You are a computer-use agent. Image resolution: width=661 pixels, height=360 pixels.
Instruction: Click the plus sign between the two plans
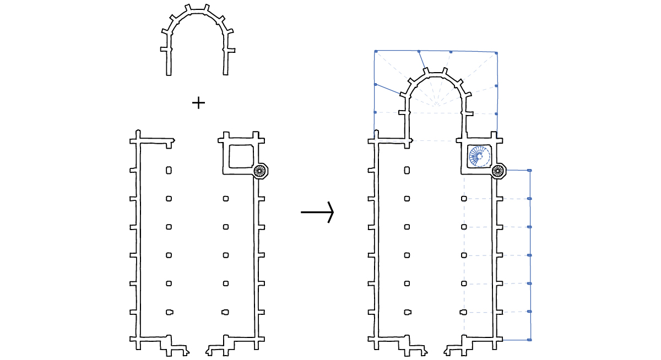coord(198,102)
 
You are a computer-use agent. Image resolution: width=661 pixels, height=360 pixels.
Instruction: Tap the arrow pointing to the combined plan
coord(318,212)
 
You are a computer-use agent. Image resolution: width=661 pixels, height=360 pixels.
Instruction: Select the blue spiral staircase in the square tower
coord(479,156)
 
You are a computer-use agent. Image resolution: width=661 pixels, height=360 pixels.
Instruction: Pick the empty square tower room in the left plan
coord(241,156)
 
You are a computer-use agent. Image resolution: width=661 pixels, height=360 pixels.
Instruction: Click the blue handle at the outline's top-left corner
coord(375,51)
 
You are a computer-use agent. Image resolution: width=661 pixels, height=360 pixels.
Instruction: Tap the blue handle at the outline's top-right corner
coord(496,53)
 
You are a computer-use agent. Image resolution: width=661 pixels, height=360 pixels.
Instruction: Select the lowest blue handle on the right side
coord(529,340)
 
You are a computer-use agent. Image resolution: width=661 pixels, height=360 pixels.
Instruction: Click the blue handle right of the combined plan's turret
coord(529,171)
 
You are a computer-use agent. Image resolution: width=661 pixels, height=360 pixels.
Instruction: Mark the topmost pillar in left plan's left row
coord(169,171)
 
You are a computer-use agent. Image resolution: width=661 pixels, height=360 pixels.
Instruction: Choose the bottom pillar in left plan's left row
coord(169,312)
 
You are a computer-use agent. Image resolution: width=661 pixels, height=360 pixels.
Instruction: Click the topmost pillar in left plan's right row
coord(226,199)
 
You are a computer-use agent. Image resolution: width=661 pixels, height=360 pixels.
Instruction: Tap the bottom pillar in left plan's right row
coord(225,312)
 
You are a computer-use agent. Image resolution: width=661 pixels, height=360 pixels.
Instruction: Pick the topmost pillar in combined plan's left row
coord(407,171)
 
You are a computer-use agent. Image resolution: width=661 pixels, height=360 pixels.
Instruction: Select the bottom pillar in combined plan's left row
coord(407,312)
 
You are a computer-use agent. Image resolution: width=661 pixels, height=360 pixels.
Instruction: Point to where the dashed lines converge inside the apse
coord(436,105)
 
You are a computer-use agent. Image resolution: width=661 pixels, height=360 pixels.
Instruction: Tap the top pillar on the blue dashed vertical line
coord(464,199)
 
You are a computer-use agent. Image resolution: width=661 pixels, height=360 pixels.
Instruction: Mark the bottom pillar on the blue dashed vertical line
coord(463,312)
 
